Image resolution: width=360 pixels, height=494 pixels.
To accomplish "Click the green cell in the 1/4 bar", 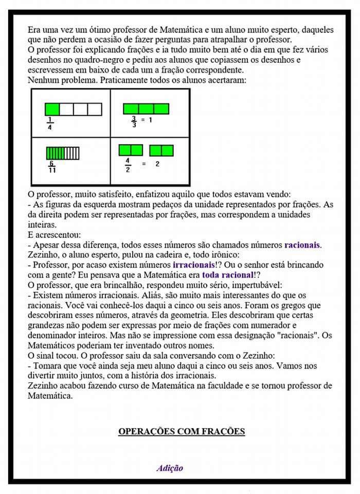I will tap(52, 109).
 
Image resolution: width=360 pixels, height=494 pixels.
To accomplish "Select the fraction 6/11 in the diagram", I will tap(52, 167).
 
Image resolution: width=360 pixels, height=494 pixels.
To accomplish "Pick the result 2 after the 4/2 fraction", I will tap(157, 164).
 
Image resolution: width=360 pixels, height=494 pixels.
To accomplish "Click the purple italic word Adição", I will tap(170, 468).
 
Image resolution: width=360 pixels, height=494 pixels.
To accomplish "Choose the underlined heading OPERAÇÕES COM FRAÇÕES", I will tap(182, 431).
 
